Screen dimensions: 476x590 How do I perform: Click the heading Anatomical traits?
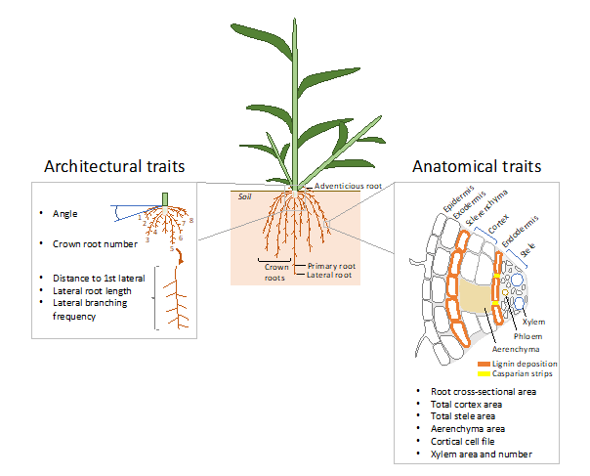(x=476, y=167)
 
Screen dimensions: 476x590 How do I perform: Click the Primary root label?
(x=332, y=266)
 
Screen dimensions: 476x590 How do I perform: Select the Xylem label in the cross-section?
(x=533, y=322)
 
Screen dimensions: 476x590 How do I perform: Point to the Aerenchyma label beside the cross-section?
(x=514, y=348)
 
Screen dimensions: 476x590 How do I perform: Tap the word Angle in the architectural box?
(x=66, y=213)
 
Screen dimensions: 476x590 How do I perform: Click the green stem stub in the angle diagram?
(x=165, y=198)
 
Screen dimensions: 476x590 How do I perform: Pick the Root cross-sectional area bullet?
(x=484, y=391)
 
